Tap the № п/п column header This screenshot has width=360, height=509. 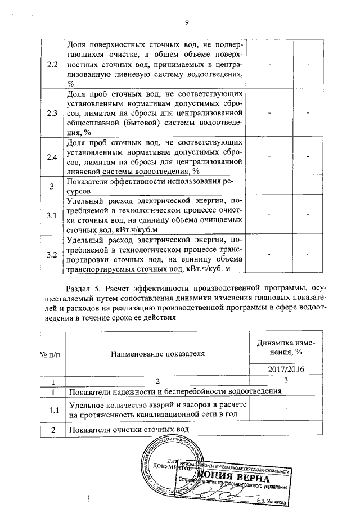(48, 354)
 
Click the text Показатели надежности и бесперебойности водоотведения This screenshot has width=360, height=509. (174, 391)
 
